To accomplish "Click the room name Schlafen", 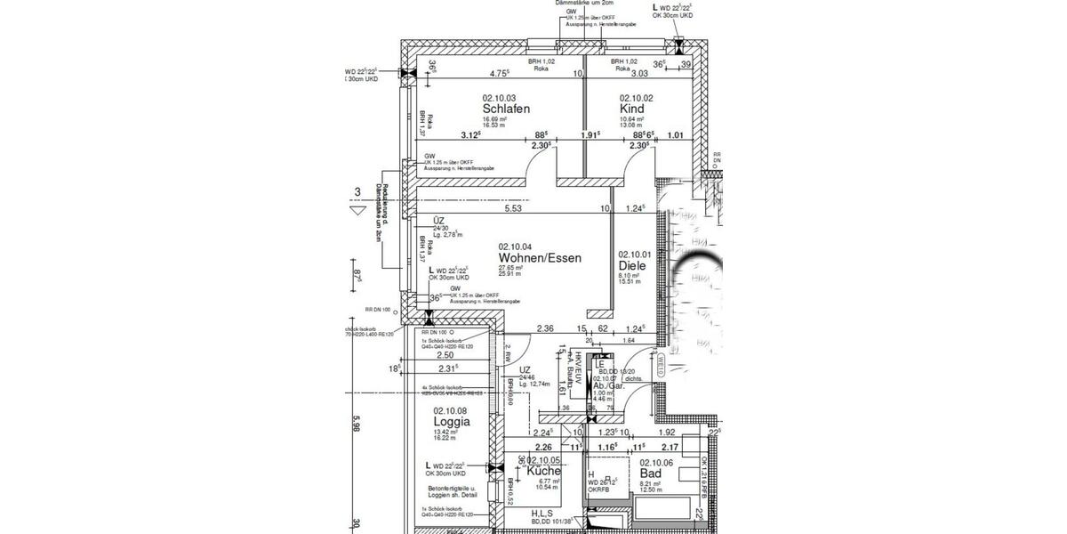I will pos(506,109).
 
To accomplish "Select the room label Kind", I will pos(631,109).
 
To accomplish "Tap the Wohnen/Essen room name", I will pos(540,258).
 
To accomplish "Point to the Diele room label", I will pos(635,265).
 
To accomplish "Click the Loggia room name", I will pos(452,422).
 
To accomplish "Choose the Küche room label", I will pos(543,472).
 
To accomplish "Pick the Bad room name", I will pos(652,473).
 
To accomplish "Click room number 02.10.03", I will pos(500,98).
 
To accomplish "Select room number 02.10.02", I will pos(636,98).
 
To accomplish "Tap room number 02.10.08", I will pos(451,410).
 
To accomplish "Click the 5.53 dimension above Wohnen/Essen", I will pos(513,209).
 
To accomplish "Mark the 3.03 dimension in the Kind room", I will pos(639,74).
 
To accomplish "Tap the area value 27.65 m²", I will pos(510,268).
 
